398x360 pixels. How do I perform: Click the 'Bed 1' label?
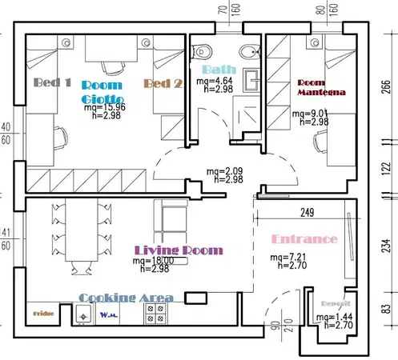tap(53, 82)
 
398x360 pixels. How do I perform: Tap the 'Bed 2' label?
tap(164, 83)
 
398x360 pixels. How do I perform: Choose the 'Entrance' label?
tap(304, 239)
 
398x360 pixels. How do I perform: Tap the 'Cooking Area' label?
tap(127, 298)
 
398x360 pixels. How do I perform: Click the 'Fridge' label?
tap(43, 314)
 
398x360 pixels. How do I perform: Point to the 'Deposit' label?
tap(332, 305)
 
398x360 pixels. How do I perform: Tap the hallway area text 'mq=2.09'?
tap(223, 171)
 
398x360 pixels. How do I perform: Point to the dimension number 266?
tap(387, 87)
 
